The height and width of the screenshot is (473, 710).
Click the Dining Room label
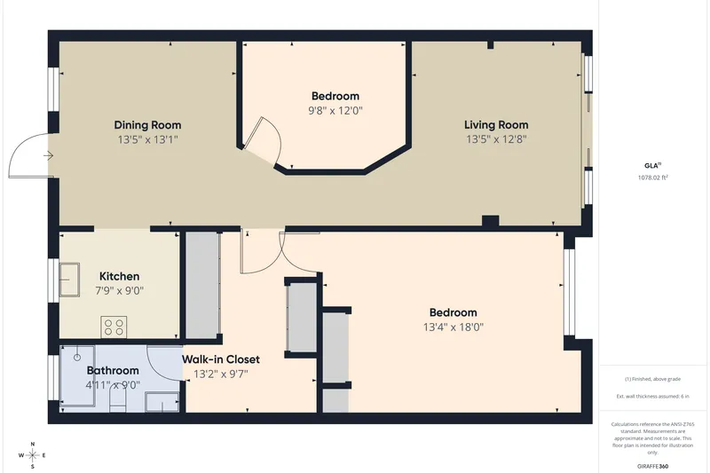point(147,125)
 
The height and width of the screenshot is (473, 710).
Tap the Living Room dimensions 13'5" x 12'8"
point(496,139)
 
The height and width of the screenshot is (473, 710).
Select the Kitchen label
point(119,276)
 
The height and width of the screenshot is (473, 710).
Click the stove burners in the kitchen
point(114,327)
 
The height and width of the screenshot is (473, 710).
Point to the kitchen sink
point(69,280)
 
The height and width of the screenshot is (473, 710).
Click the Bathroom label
point(113,371)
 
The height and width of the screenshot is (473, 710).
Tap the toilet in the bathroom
point(117,401)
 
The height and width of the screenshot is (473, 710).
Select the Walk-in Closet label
point(221,359)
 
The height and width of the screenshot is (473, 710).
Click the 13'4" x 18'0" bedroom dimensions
point(454,327)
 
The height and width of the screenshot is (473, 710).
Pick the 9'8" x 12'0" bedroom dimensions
point(335,110)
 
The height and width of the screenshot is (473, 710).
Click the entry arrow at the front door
point(49,155)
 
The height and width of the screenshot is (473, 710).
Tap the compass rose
point(33,455)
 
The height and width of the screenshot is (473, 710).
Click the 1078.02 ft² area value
point(652,177)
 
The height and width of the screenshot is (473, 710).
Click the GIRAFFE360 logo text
point(652,466)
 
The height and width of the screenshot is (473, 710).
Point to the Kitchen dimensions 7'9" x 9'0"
point(119,290)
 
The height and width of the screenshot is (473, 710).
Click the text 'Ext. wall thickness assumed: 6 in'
point(652,397)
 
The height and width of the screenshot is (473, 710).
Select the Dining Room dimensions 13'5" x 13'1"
point(147,139)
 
